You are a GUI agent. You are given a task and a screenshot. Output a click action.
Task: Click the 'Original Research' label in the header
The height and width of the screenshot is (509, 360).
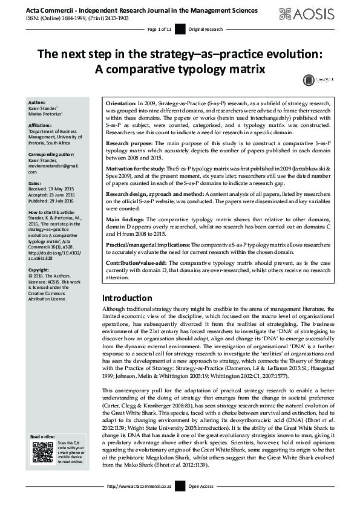pos(205,29)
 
